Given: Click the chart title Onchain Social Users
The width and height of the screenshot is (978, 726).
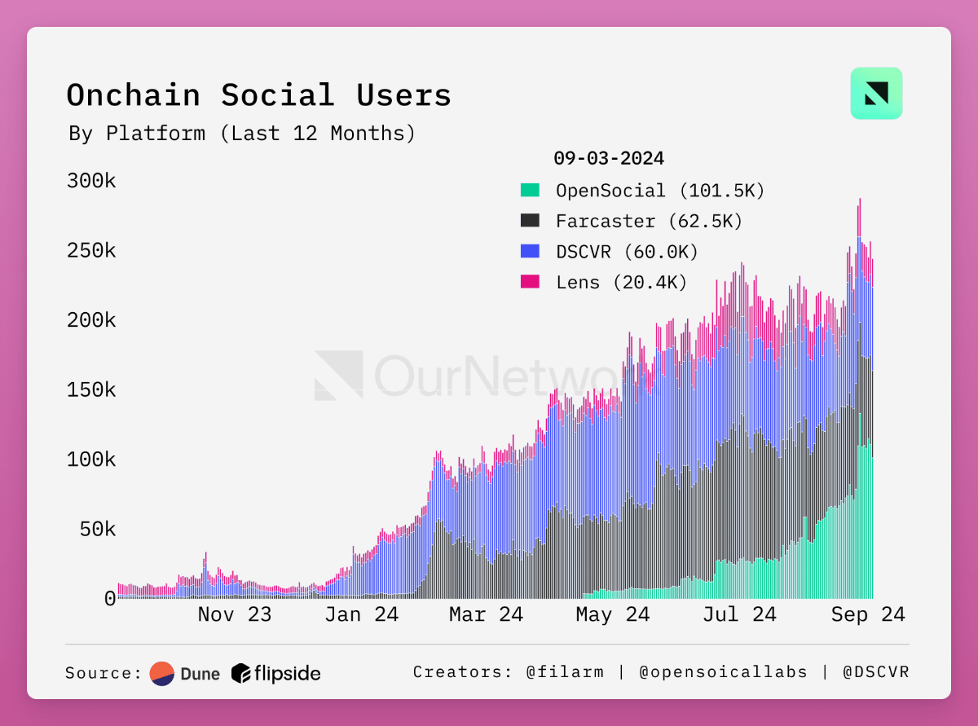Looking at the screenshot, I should tap(258, 95).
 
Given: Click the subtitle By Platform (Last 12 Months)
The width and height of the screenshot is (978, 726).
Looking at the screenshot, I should tap(242, 133).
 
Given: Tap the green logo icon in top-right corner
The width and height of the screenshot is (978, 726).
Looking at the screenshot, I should tap(876, 94).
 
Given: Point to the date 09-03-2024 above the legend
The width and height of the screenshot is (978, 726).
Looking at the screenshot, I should tap(608, 158).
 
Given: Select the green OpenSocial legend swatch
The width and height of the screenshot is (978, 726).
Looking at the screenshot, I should tap(530, 191).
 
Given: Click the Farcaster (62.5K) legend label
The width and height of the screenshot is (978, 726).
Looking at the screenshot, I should tap(649, 221).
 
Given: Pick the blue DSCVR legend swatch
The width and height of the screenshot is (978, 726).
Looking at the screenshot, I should tap(530, 252).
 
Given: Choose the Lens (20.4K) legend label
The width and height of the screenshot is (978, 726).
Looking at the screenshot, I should tap(622, 283).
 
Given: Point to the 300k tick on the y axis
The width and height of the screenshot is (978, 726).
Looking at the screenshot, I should tap(91, 181).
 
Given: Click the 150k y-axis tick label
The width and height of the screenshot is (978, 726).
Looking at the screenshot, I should tap(91, 389).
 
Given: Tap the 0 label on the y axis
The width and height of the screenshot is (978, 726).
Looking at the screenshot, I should tap(110, 599).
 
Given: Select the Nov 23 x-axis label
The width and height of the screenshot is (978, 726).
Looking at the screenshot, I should tap(235, 614).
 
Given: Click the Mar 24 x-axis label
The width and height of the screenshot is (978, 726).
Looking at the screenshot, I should tap(486, 614).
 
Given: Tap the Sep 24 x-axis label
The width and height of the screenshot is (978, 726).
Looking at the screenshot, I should tap(868, 614).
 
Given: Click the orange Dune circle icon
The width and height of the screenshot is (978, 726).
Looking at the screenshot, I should tap(162, 673).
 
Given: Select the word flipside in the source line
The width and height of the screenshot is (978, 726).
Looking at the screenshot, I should tap(287, 673).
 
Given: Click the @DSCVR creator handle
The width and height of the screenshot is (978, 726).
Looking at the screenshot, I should tap(876, 672).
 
